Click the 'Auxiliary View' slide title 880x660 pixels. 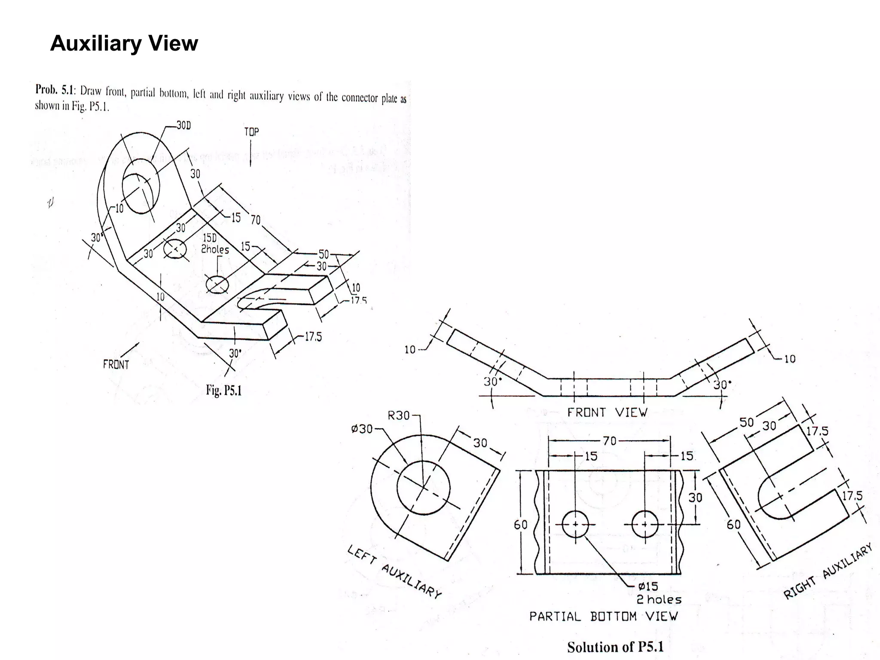coord(124,43)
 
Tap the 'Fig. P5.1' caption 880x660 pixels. coord(223,390)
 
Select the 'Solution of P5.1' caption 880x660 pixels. coord(615,647)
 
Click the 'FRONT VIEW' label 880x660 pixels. coord(607,412)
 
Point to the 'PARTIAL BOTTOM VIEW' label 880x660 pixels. coord(603,616)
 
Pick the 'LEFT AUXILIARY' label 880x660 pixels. coord(394,571)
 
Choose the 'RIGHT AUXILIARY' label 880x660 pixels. coord(828,571)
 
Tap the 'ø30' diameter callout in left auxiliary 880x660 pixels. coord(361,429)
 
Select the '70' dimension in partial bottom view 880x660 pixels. coord(609,441)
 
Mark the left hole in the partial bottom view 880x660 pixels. coord(575,524)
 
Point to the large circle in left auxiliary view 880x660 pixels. coord(423,487)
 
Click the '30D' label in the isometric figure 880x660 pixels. coord(183,125)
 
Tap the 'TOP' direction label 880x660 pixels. coord(251,132)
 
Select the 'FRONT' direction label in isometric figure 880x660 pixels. coord(116,365)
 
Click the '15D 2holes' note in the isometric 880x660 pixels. coord(214,244)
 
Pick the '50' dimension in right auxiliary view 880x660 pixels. coord(746,422)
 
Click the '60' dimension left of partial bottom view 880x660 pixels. coord(520,525)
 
